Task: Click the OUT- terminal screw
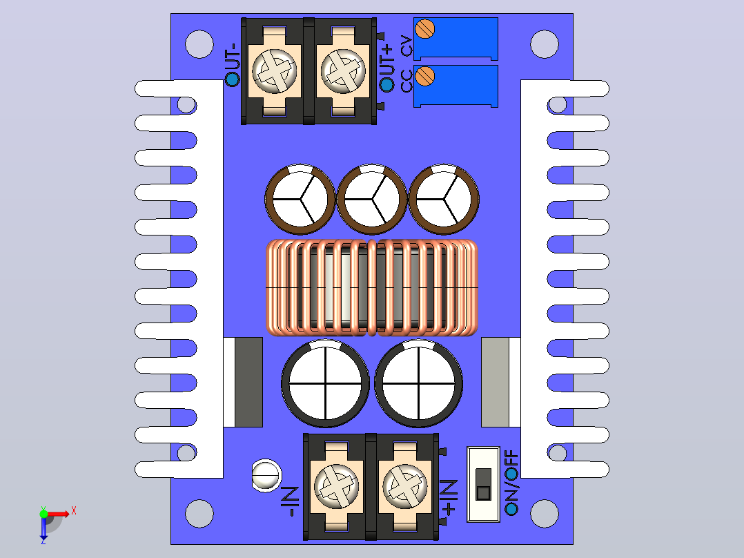(x=274, y=70)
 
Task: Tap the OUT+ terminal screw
(x=343, y=70)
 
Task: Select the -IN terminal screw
(x=336, y=485)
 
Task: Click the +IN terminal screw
(x=404, y=485)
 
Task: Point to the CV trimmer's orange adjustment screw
(x=424, y=28)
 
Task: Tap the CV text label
(x=407, y=46)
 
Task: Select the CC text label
(x=407, y=81)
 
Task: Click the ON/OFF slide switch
(x=484, y=484)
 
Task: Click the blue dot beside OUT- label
(x=233, y=79)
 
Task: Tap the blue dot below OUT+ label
(x=386, y=84)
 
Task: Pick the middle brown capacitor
(x=371, y=200)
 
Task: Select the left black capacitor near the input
(x=325, y=383)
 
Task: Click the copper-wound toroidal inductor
(x=371, y=288)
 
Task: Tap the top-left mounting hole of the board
(x=199, y=44)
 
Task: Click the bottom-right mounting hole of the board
(x=545, y=513)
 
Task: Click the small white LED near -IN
(x=266, y=475)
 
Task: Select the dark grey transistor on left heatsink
(x=248, y=382)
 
